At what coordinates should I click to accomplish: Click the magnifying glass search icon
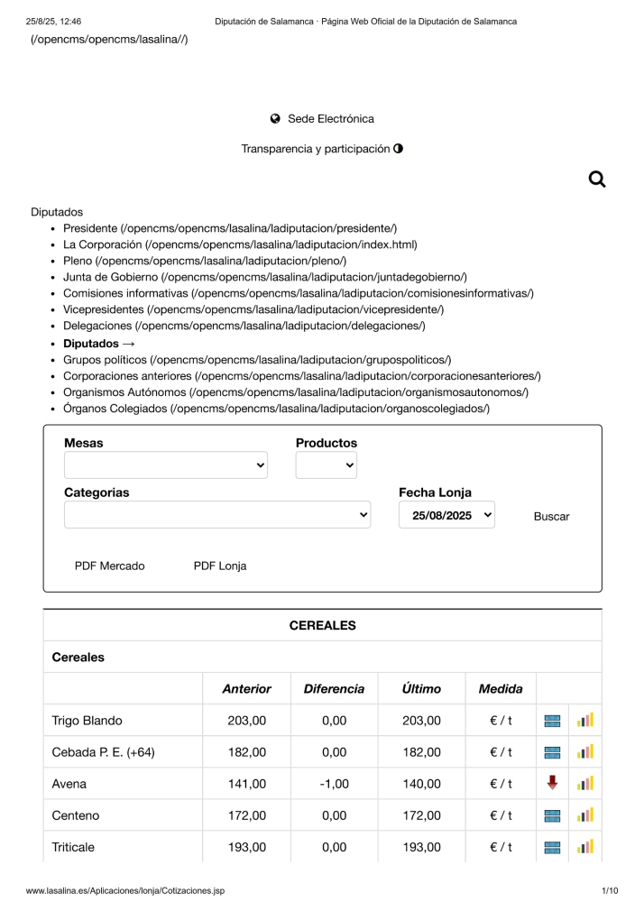coord(596,179)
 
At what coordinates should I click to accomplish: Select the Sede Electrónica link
coord(330,119)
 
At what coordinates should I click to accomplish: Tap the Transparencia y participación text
coord(316,149)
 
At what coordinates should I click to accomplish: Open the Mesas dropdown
coord(166,465)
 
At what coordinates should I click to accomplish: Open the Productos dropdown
coord(326,465)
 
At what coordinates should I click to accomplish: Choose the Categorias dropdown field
coord(216,515)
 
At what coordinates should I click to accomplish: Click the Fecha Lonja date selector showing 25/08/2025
coord(446,515)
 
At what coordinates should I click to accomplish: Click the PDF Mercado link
coord(109,566)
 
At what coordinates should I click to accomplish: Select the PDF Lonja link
coord(219,566)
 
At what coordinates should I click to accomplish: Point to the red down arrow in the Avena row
coord(552,783)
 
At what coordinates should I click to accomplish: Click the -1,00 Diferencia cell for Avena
coord(334,784)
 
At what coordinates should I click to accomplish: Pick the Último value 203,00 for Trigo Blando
coord(421,721)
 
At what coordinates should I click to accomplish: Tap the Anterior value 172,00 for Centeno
coord(246,815)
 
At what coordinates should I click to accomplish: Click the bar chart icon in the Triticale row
coord(585,847)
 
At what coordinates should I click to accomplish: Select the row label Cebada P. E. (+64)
coord(104,752)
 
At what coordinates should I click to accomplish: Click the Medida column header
coord(501,689)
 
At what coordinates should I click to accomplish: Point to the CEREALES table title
coord(322,625)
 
